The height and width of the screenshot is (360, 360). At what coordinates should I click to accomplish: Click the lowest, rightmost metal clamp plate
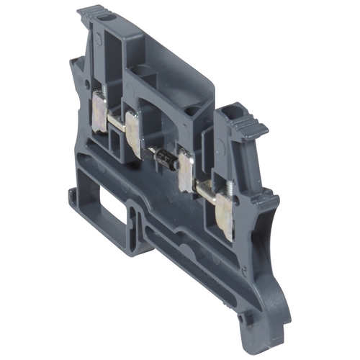[222, 220]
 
